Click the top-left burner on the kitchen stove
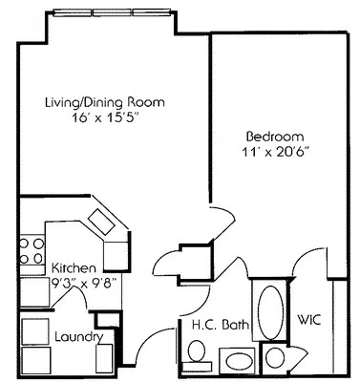pos(25,242)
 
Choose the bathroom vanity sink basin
pos(235,361)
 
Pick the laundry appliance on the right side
pos(103,359)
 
